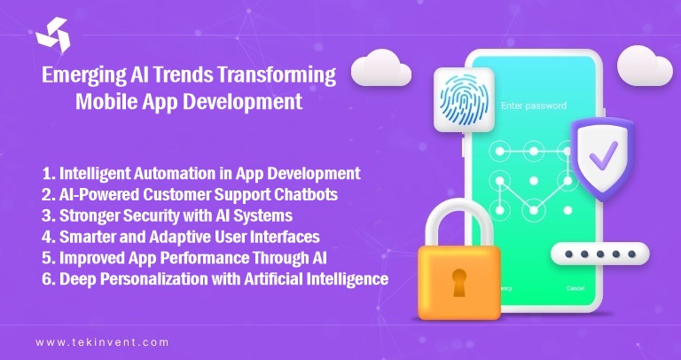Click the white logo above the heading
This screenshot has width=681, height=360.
(52, 35)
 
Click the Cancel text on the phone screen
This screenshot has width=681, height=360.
(575, 288)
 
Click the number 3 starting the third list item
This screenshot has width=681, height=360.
(47, 215)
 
